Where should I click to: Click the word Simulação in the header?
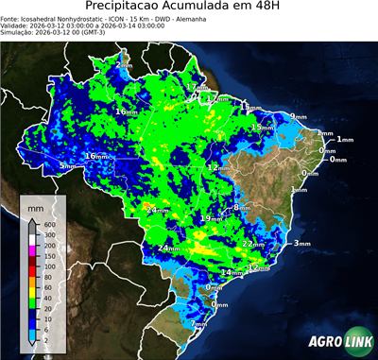pos(20,38)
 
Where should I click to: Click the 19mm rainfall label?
pos(209,218)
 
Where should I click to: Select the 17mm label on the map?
pos(195,87)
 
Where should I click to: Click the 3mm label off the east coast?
pos(301,244)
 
